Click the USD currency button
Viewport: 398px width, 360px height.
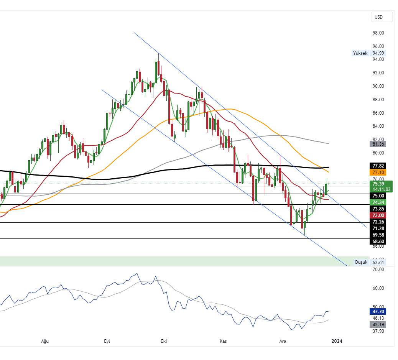[x=382, y=17]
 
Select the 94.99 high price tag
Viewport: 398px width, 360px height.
[x=378, y=53]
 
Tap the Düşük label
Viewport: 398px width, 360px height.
[x=361, y=262]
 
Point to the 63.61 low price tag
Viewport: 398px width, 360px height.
[x=378, y=262]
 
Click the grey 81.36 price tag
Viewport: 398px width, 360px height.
[x=378, y=144]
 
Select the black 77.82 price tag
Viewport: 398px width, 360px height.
[x=378, y=166]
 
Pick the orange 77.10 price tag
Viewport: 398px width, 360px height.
[x=378, y=173]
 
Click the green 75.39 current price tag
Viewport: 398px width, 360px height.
[x=378, y=183]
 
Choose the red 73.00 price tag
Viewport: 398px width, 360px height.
[x=378, y=215]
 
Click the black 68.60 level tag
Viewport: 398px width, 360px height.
[x=378, y=242]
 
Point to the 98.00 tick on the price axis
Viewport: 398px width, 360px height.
[x=378, y=33]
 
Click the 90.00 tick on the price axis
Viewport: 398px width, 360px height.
[x=378, y=86]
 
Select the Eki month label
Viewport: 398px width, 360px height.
[x=164, y=341]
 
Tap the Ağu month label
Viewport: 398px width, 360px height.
[x=45, y=341]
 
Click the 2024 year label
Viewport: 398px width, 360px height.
[x=337, y=341]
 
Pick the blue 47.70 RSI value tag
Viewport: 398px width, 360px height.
[x=378, y=312]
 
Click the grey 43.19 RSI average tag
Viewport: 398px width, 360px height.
[x=378, y=325]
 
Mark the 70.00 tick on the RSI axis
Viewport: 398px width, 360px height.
[x=378, y=270]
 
